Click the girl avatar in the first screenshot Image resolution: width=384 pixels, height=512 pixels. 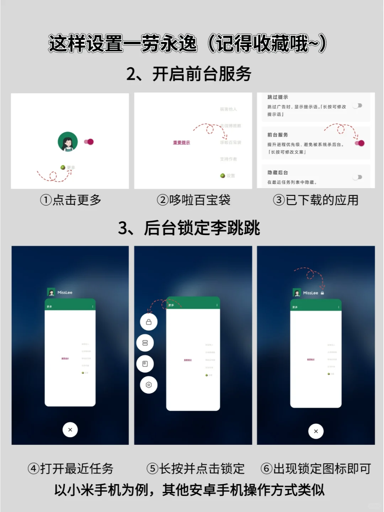click(68, 142)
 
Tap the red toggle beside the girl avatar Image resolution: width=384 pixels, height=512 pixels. click(89, 142)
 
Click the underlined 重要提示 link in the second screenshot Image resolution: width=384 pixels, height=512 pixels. click(181, 143)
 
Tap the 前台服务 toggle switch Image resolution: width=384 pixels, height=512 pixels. click(359, 143)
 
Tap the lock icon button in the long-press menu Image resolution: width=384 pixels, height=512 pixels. click(149, 322)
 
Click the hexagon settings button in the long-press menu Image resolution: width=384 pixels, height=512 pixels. click(149, 385)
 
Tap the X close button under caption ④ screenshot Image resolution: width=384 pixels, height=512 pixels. click(70, 430)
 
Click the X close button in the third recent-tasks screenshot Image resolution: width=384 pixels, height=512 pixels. click(316, 431)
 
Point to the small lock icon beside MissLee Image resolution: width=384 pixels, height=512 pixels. click(322, 293)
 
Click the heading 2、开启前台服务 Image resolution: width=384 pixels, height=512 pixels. click(189, 74)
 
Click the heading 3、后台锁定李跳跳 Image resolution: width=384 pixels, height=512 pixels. click(189, 228)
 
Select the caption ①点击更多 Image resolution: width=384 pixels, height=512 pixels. click(70, 200)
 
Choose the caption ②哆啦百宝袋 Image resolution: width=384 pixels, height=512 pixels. click(193, 200)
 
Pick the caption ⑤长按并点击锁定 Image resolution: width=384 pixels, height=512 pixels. click(195, 469)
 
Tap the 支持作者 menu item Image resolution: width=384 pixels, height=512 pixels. click(228, 159)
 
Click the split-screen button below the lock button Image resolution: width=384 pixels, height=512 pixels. click(145, 343)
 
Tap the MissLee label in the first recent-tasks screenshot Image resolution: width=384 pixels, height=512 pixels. click(65, 293)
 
